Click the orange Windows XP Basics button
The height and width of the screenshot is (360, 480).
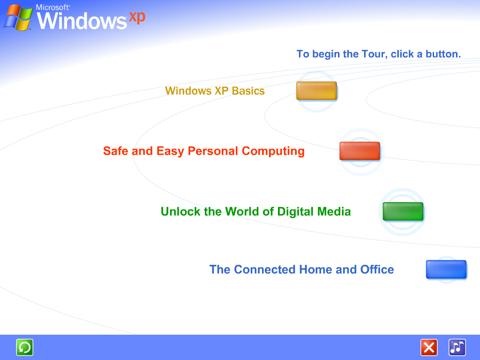[316, 90]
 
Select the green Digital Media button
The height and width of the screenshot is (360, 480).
[403, 211]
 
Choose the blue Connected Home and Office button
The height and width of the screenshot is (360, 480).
[446, 270]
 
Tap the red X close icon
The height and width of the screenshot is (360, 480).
[429, 347]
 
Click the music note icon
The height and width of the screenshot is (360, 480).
[457, 347]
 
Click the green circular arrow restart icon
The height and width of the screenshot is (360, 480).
[24, 347]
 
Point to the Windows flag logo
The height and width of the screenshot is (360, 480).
[18, 18]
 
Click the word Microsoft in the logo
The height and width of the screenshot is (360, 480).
[53, 7]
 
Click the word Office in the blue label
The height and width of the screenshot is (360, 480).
[377, 270]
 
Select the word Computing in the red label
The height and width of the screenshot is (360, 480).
[273, 151]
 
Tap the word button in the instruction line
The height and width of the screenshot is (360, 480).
[443, 54]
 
